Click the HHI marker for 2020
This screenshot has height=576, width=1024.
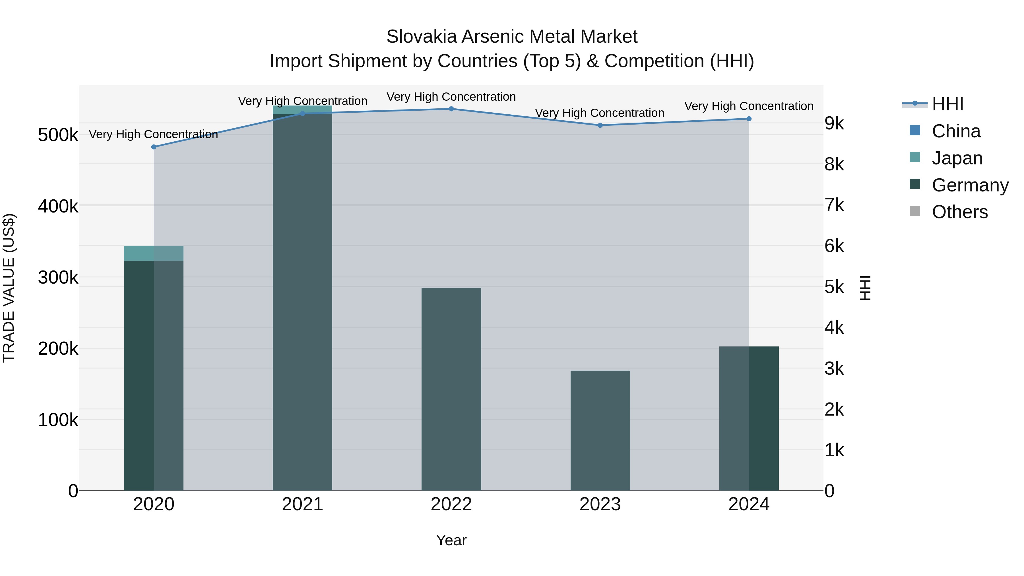(x=154, y=147)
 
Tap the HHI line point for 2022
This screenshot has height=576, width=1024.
(x=451, y=109)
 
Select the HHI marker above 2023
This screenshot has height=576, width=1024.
(x=600, y=125)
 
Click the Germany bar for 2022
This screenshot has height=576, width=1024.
(x=451, y=390)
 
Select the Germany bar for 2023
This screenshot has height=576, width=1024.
(x=600, y=431)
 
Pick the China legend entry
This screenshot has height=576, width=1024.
(x=956, y=131)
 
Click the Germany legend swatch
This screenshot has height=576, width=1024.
(x=915, y=184)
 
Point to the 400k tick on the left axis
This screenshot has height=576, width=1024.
(x=58, y=206)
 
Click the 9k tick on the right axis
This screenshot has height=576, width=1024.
(x=834, y=124)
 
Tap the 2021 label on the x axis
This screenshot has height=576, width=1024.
(x=303, y=504)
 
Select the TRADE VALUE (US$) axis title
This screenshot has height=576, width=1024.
(x=9, y=288)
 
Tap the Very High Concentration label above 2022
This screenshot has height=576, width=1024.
(x=451, y=97)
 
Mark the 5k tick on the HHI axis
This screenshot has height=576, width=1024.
(x=834, y=287)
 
